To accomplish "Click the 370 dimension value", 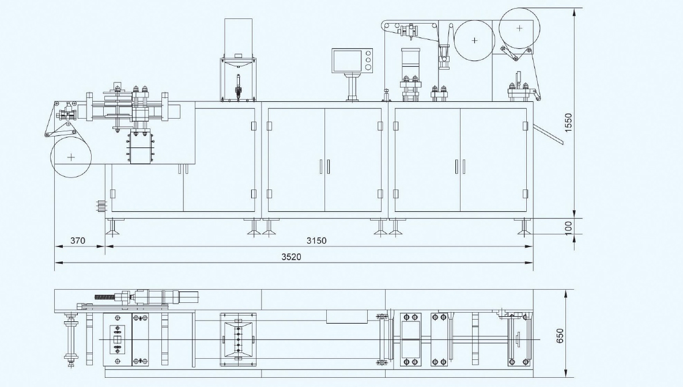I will [78, 240].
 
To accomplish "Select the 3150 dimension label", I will [316, 240].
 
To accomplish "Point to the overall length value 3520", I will [291, 257].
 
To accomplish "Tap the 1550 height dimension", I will [568, 122].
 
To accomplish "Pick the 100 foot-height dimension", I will [568, 226].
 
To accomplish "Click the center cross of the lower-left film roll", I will [71, 157].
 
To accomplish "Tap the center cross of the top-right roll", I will [519, 28].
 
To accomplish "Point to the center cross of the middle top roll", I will [474, 40].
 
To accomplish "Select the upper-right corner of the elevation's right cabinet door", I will [526, 109].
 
